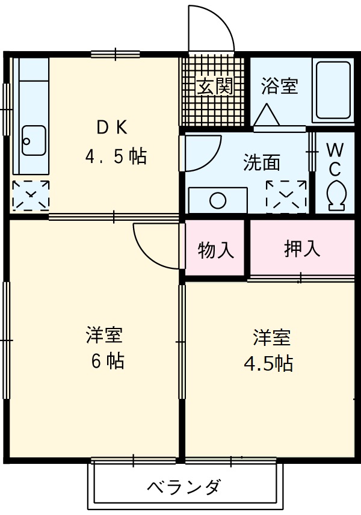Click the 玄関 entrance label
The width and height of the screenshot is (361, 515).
pos(215,87)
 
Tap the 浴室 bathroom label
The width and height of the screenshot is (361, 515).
pos(279,86)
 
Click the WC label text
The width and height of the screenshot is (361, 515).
pos(335,158)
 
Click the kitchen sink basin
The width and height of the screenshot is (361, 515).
pos(33,140)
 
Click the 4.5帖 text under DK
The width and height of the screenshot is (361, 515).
pos(116,158)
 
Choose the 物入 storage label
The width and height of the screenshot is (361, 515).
pos(215,250)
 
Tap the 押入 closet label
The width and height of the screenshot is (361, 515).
pos(302,249)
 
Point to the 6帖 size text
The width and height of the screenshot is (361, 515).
pos(108,361)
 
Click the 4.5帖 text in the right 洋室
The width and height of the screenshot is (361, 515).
pos(268,363)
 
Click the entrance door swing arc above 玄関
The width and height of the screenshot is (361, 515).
pos(211,27)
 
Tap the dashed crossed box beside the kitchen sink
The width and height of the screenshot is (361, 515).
pos(31,196)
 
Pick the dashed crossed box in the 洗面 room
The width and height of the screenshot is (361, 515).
pos(286,196)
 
